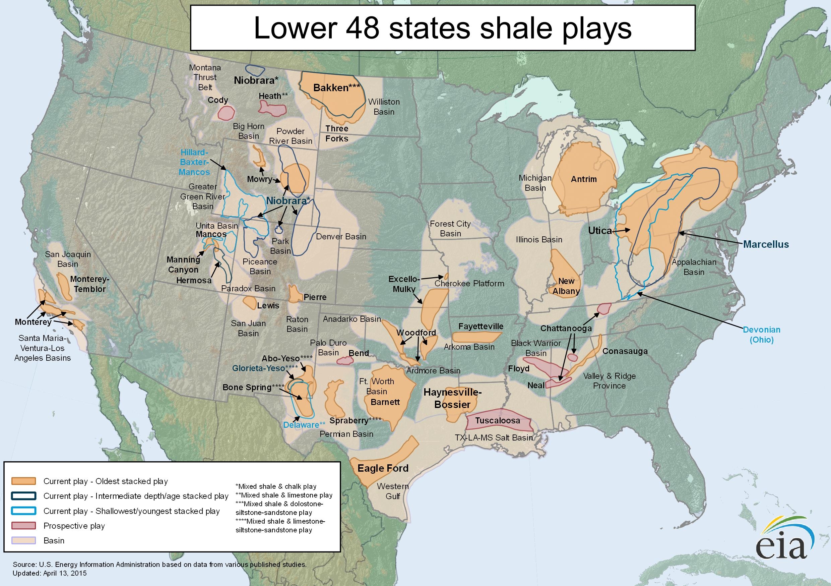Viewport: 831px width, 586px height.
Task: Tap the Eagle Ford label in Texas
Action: point(383,468)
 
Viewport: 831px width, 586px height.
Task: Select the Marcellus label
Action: point(766,244)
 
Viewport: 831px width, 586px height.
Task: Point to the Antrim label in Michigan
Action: point(583,179)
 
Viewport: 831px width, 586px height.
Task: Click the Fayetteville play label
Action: point(481,326)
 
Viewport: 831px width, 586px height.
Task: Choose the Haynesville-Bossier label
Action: point(452,398)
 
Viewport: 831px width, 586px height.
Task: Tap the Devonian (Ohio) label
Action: point(761,335)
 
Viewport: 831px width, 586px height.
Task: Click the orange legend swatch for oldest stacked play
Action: point(23,481)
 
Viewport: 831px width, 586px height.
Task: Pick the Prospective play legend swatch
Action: point(23,526)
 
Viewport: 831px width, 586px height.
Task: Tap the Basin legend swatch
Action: point(23,540)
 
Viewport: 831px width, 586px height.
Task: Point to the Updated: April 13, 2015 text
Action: point(50,573)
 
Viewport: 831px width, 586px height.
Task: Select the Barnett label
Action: point(385,402)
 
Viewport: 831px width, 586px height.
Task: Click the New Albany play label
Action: point(566,286)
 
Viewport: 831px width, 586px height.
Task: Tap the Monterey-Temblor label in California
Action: point(89,284)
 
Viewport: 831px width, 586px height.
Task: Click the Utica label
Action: point(600,231)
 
